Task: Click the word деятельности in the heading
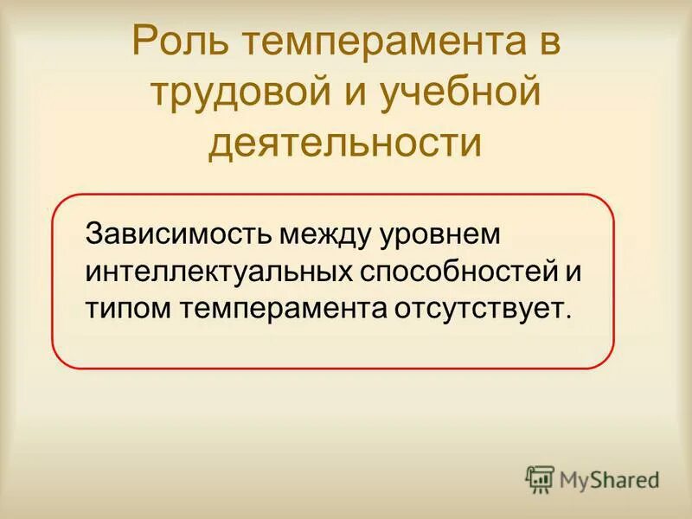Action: [x=345, y=143]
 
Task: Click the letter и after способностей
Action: [x=572, y=272]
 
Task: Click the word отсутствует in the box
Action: [x=474, y=309]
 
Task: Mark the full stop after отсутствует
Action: [x=568, y=317]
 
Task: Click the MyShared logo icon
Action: [x=540, y=478]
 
